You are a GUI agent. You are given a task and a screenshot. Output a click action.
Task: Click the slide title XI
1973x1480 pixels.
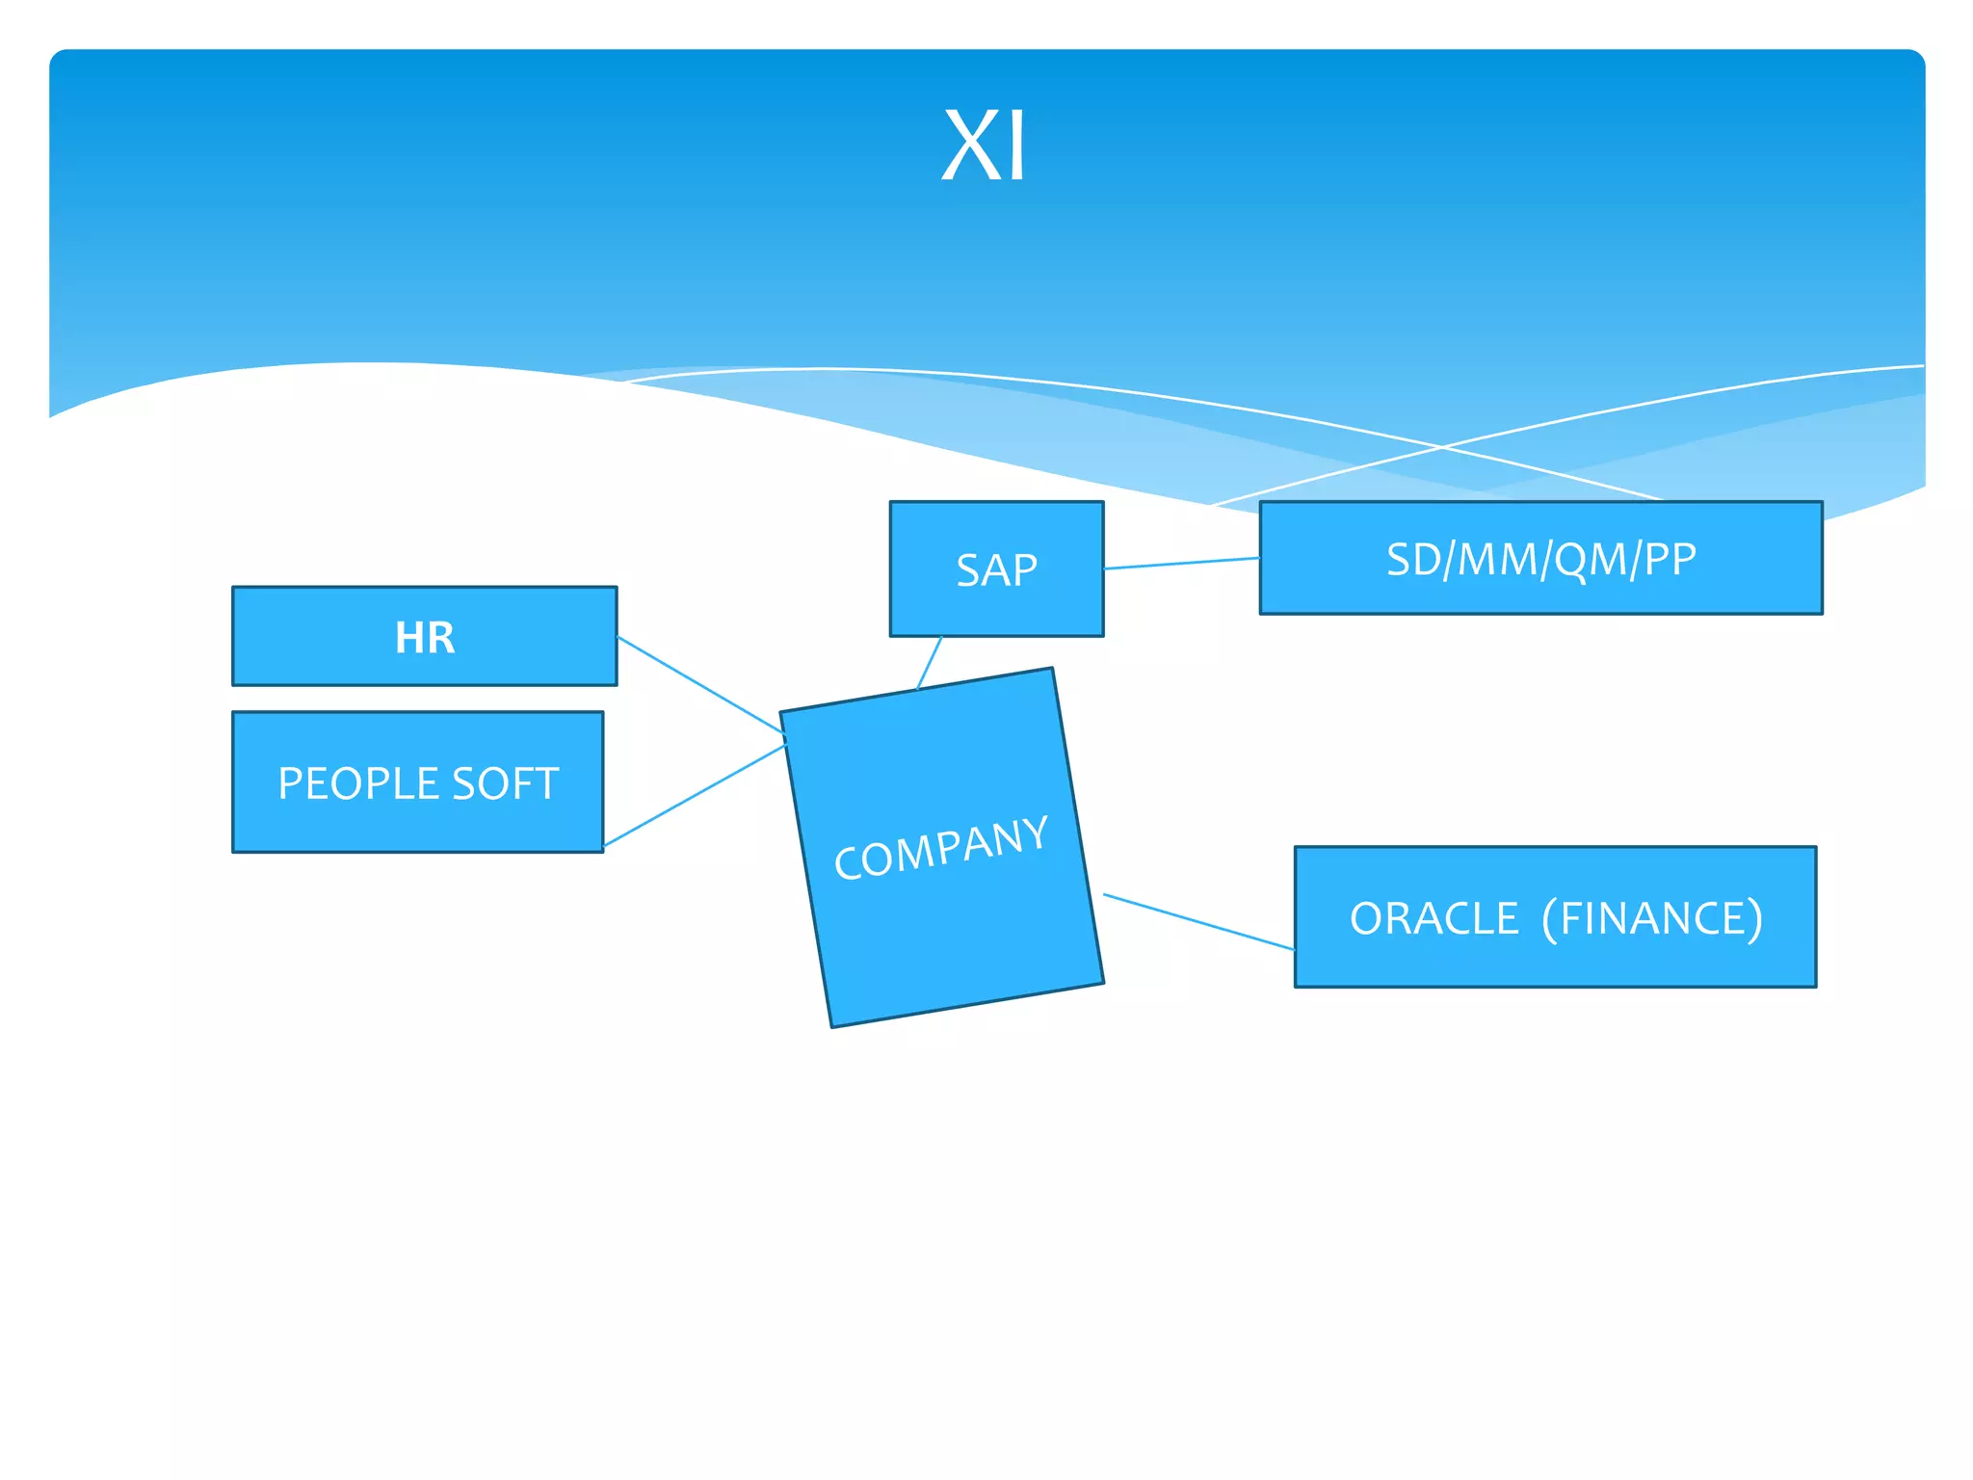click(984, 146)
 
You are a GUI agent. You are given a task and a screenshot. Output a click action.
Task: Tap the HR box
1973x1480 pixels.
click(424, 637)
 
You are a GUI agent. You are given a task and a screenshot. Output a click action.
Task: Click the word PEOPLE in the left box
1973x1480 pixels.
click(357, 783)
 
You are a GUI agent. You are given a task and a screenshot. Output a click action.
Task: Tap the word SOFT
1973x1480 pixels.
click(505, 783)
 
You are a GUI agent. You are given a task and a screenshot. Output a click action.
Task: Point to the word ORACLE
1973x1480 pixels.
click(1434, 918)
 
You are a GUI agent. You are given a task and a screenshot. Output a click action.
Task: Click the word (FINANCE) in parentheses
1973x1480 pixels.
click(1652, 918)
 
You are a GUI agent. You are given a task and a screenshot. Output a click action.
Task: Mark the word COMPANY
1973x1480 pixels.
click(940, 848)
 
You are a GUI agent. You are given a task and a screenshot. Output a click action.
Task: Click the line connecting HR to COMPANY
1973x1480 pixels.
click(700, 685)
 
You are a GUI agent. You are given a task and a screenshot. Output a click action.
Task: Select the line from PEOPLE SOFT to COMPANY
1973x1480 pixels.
click(694, 796)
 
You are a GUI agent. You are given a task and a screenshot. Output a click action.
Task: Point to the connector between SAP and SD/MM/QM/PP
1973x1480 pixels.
click(1181, 564)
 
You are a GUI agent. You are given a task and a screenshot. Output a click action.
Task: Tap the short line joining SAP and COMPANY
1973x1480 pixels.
click(930, 662)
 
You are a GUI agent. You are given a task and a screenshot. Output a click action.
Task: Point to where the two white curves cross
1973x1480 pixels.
click(1442, 447)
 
